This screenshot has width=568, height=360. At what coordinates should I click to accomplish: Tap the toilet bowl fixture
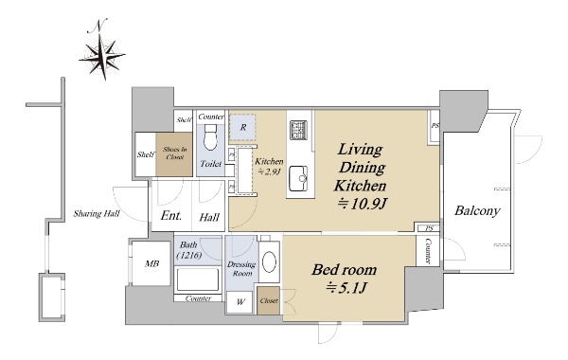pyautogui.click(x=210, y=137)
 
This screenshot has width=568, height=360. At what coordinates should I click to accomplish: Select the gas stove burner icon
pyautogui.click(x=299, y=130)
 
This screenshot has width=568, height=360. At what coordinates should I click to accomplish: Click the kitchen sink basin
pyautogui.click(x=298, y=178)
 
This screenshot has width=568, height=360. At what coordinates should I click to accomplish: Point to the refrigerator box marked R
pyautogui.click(x=242, y=127)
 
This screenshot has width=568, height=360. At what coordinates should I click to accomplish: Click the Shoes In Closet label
pyautogui.click(x=174, y=153)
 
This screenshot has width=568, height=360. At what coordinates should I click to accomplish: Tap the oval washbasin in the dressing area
pyautogui.click(x=270, y=261)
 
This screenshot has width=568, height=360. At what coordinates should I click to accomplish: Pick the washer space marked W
pyautogui.click(x=240, y=301)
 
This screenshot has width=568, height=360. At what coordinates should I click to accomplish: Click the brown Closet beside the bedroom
pyautogui.click(x=269, y=300)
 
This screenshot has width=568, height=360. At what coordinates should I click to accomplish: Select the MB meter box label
pyautogui.click(x=151, y=264)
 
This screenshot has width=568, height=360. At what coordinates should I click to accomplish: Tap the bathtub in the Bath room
pyautogui.click(x=198, y=279)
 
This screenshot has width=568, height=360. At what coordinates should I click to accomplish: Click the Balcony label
pyautogui.click(x=477, y=210)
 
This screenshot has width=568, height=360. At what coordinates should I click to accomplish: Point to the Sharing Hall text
pyautogui.click(x=97, y=213)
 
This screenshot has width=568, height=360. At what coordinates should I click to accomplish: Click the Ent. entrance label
pyautogui.click(x=171, y=216)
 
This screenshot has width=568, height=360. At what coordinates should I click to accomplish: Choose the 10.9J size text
pyautogui.click(x=363, y=205)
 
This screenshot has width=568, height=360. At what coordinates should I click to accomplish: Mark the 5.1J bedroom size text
pyautogui.click(x=346, y=288)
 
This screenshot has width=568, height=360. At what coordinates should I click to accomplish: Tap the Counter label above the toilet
pyautogui.click(x=211, y=117)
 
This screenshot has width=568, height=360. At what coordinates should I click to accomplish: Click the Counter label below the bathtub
pyautogui.click(x=198, y=298)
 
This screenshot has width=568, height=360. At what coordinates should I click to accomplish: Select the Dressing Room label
pyautogui.click(x=241, y=269)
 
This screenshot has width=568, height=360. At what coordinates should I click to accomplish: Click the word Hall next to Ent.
pyautogui.click(x=209, y=218)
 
